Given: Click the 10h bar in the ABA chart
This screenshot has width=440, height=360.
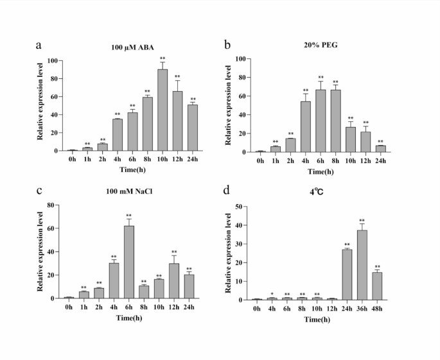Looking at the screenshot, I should coord(163,110).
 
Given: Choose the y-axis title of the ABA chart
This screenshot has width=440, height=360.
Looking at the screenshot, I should coord(40,105).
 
